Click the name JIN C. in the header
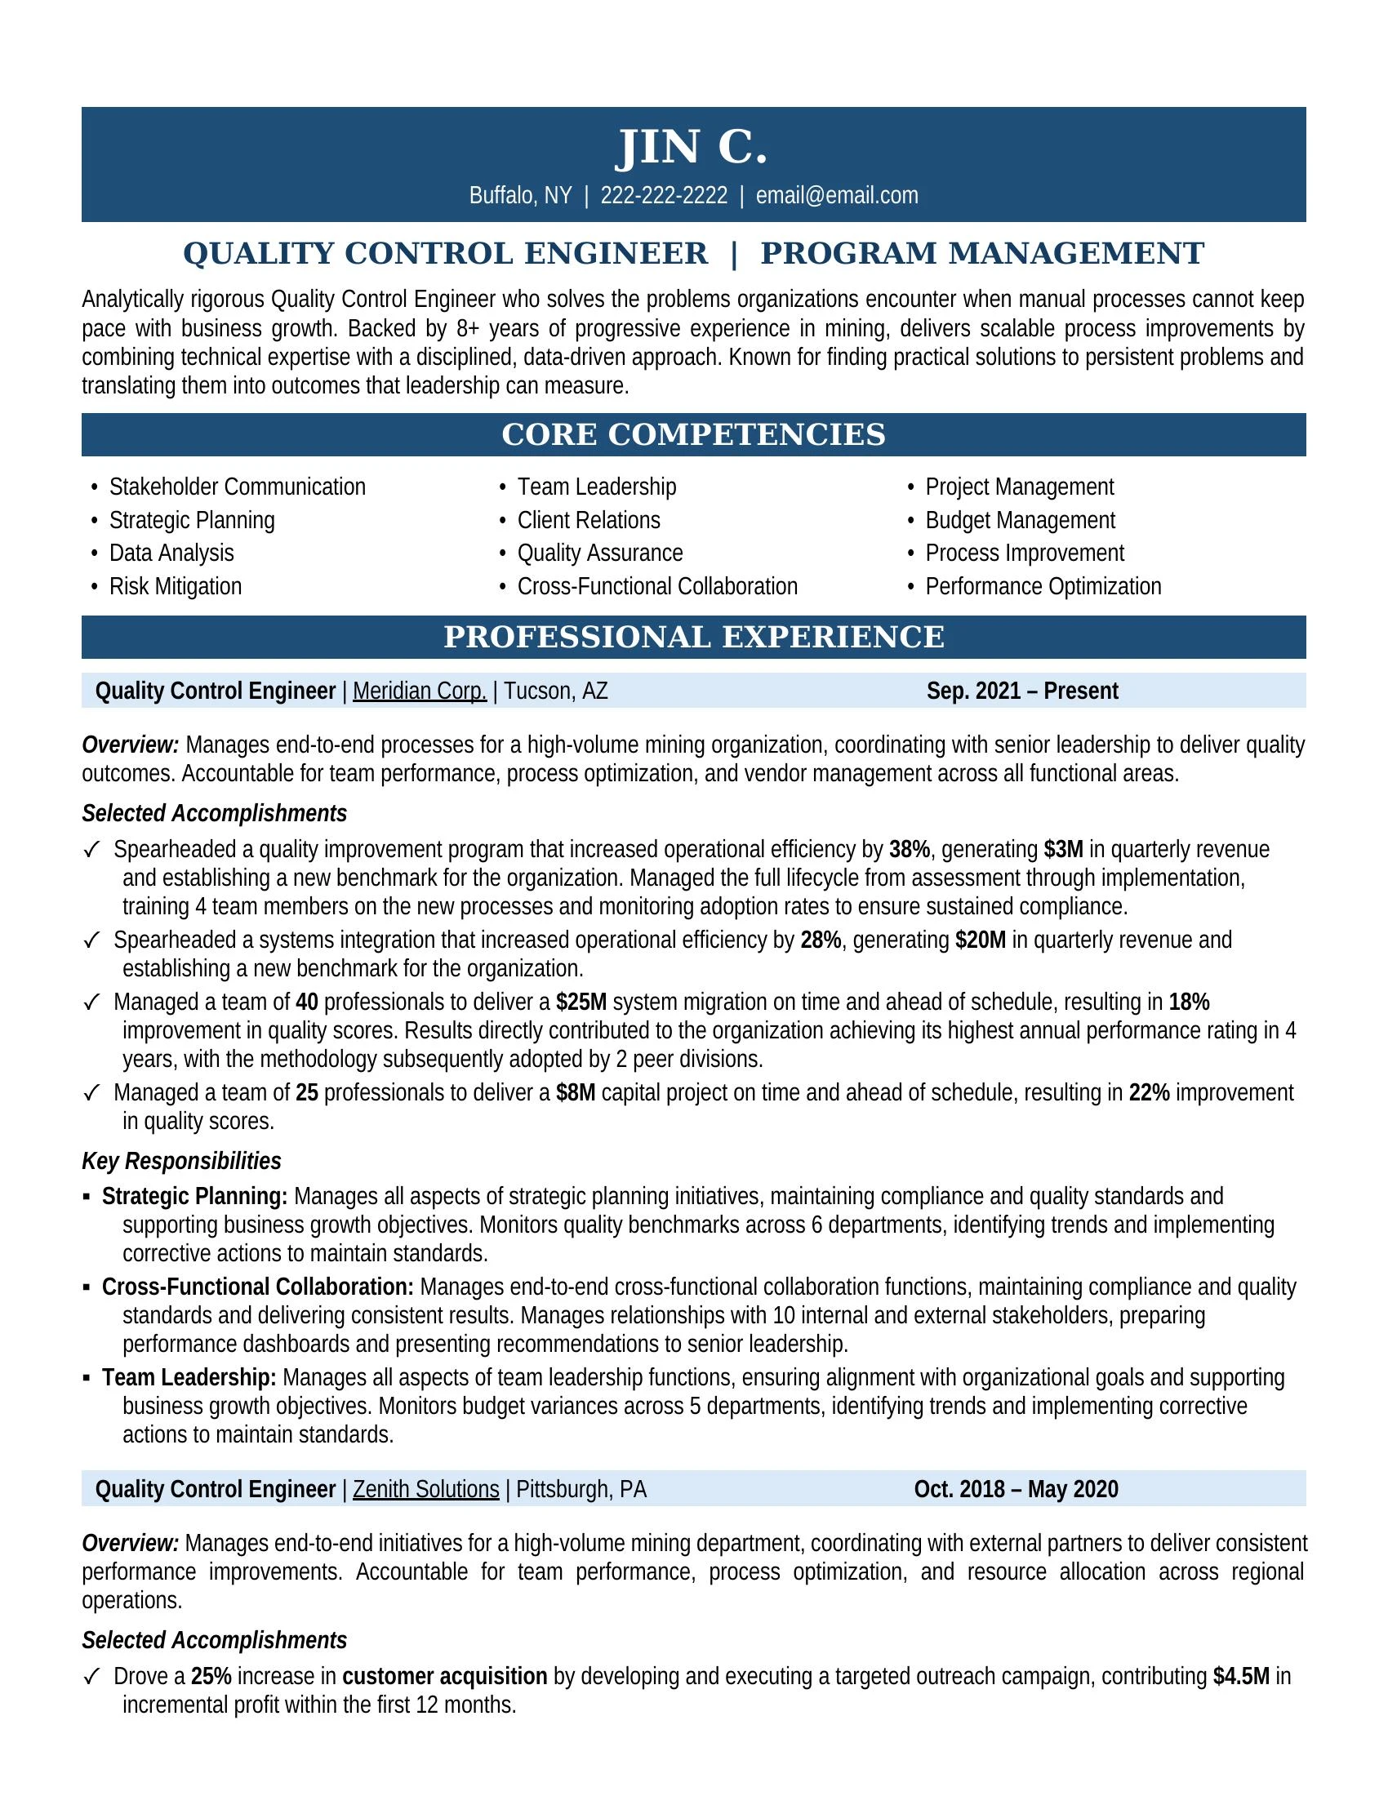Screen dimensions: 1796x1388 692,147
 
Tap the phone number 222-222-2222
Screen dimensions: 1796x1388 664,196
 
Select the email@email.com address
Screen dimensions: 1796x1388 836,196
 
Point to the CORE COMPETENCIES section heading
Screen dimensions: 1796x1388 693,435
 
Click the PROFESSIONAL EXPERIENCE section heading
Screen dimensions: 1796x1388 693,638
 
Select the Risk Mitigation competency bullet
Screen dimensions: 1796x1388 176,586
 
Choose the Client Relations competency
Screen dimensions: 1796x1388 588,521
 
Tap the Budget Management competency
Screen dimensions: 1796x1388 1020,521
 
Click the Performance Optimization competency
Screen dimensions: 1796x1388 1043,586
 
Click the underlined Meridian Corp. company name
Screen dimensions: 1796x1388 420,691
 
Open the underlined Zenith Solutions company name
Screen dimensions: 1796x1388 425,1489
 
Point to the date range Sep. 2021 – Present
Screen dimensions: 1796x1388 1022,691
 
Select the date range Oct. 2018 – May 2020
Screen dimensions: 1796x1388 1016,1489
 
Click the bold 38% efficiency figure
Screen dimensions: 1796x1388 909,850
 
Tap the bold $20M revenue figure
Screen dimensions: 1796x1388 980,940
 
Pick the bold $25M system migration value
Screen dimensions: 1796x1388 581,1002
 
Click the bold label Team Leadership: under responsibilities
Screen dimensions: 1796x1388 189,1377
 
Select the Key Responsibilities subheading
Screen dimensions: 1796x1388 181,1161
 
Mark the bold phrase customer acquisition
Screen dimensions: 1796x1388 444,1676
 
